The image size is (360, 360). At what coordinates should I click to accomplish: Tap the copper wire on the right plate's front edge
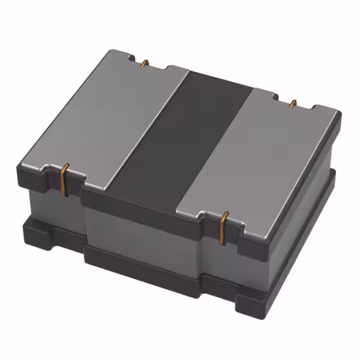[224, 227]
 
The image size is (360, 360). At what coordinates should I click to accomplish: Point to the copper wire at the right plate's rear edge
[292, 103]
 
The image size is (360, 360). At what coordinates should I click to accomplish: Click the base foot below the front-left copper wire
[45, 236]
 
